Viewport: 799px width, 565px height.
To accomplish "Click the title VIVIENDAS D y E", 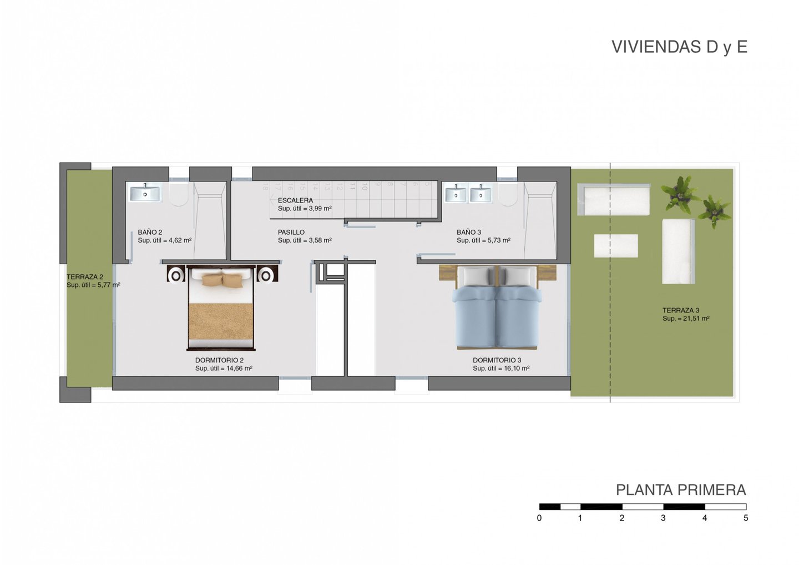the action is point(680,47).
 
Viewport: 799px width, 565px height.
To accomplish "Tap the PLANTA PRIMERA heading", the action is point(681,490).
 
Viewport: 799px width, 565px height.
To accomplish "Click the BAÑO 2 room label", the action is point(150,232).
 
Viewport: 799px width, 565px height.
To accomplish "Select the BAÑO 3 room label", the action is point(469,232).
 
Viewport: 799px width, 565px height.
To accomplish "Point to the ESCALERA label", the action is point(295,200).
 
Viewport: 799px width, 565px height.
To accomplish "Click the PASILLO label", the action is point(291,232).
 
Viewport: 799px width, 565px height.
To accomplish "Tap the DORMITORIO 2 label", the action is point(219,360).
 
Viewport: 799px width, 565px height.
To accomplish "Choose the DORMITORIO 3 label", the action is point(497,360).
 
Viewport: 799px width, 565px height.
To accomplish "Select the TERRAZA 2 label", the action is point(85,277).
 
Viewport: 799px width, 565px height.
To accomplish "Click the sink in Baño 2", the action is point(145,193).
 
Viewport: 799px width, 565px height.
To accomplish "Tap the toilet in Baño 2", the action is point(178,195).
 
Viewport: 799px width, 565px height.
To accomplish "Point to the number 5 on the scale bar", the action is point(746,518).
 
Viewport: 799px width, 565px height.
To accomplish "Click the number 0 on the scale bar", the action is point(539,518).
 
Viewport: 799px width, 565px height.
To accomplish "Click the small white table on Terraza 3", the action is point(616,245).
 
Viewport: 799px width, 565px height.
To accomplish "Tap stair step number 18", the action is point(265,186).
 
